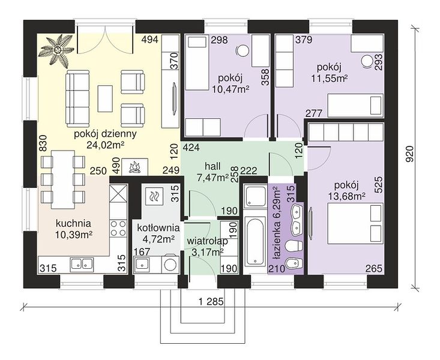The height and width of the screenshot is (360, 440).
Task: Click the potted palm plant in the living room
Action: [x=57, y=50]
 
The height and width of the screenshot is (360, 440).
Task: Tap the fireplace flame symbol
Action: [x=135, y=167]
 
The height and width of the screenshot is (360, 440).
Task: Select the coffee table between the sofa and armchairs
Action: [x=105, y=98]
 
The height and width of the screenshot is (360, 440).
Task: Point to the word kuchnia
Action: [x=73, y=224]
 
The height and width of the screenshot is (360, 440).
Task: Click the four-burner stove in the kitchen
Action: [x=118, y=229]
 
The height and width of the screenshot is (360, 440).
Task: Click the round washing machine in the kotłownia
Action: [x=170, y=264]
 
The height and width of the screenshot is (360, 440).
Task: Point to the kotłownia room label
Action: [x=158, y=227]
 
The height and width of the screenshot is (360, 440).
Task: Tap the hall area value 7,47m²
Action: [x=212, y=178]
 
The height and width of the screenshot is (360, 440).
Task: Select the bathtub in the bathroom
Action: [x=255, y=241]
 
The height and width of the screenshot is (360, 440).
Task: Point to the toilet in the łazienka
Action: [x=294, y=247]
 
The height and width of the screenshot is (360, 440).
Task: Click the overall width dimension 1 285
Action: [x=211, y=302]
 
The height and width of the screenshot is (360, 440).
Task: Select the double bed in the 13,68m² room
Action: [x=355, y=224]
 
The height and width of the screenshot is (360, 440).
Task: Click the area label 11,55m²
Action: [x=329, y=78]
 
